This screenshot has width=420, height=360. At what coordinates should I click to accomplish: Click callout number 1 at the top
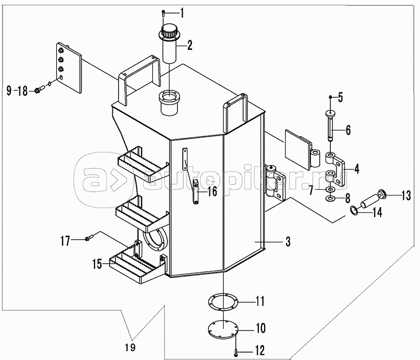pos(182,13)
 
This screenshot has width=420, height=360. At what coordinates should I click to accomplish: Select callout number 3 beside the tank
pos(288,242)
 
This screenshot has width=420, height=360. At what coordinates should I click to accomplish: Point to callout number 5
pos(340,97)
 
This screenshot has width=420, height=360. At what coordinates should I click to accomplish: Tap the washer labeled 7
pos(330,190)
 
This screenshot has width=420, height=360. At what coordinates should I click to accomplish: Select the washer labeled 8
pos(330,199)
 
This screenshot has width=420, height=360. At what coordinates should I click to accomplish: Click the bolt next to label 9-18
pos(39,90)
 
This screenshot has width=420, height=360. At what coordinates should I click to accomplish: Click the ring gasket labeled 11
pos(223,302)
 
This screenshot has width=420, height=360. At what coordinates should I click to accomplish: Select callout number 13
pos(406,196)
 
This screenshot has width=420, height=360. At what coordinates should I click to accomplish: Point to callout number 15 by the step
pos(97,264)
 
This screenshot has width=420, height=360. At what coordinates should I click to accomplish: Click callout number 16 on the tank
pos(213,191)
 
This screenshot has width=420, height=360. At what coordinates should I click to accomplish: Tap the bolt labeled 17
pos(89,238)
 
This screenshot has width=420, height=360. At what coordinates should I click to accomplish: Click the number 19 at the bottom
pos(130,347)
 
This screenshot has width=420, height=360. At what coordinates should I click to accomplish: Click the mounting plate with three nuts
pos(69,68)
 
